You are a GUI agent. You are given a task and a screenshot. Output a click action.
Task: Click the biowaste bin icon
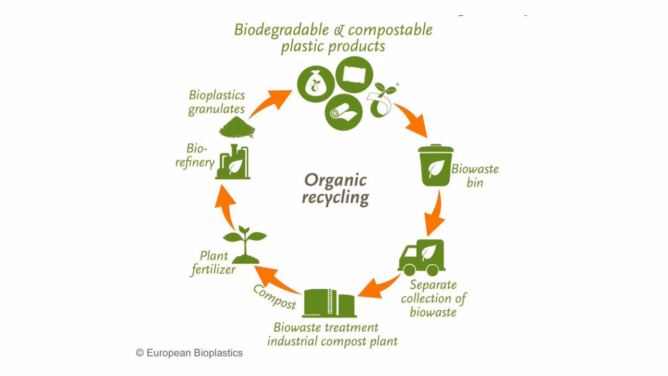click(x=436, y=166)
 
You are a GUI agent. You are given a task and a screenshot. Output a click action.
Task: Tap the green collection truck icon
click(x=421, y=258)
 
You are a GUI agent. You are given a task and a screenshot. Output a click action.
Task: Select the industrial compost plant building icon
click(x=329, y=303)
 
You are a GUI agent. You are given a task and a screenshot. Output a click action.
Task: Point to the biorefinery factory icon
click(x=233, y=163)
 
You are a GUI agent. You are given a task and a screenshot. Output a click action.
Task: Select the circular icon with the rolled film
click(x=343, y=112)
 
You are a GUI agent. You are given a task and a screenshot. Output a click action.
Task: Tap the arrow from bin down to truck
click(x=435, y=214)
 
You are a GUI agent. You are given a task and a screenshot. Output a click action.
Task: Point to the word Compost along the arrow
click(x=275, y=297)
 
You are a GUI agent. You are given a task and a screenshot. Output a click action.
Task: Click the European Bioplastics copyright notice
click(x=189, y=353)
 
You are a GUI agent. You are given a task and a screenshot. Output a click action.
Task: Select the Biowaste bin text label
click(x=475, y=175)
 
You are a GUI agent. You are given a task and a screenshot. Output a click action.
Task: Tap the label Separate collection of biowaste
click(x=433, y=299)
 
